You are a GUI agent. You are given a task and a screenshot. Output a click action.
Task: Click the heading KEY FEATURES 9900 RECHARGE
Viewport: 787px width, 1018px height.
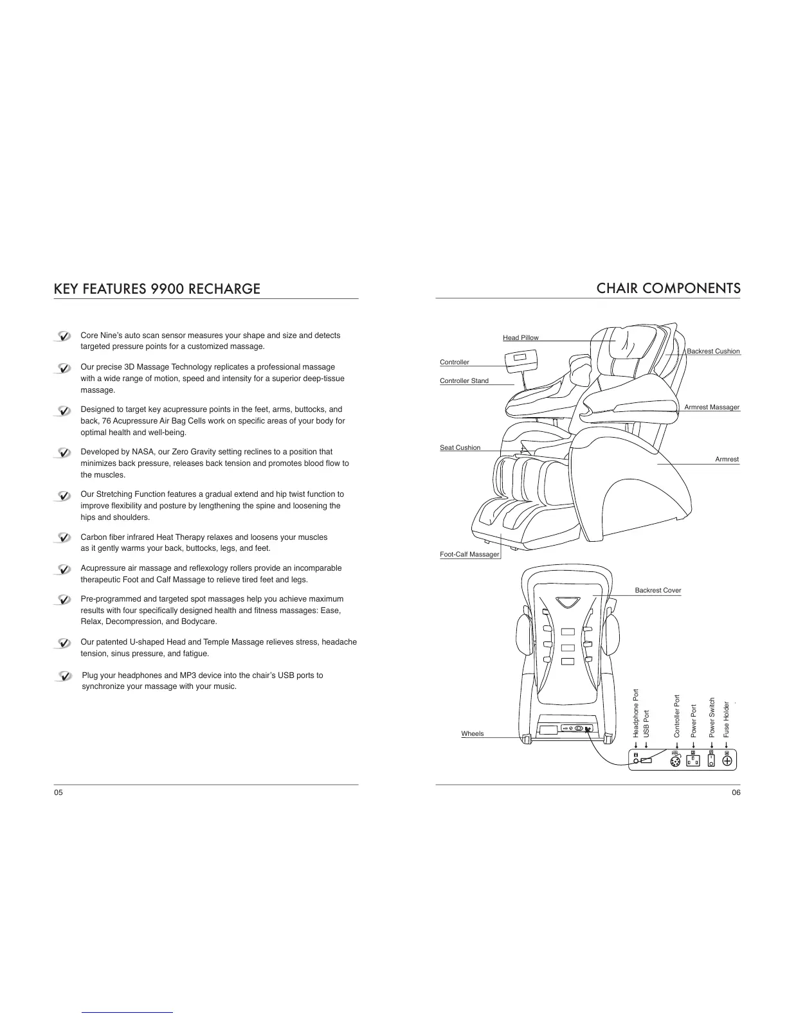(157, 289)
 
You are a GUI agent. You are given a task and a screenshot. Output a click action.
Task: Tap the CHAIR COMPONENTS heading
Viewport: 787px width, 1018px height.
(668, 289)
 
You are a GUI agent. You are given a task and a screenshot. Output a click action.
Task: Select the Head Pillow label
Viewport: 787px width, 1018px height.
(520, 337)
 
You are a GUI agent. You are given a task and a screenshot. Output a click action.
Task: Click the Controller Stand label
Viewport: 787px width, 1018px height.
(464, 380)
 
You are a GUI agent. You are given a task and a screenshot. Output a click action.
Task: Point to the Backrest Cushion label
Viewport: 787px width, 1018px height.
(713, 351)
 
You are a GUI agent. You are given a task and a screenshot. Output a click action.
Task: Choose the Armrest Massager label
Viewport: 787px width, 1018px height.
(711, 407)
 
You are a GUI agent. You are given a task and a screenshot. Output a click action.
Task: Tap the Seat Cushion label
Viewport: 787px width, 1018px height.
(460, 447)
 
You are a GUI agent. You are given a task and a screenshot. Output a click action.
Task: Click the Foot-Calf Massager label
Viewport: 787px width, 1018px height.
(469, 554)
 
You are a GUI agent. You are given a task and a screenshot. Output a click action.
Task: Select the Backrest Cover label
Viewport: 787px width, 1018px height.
(658, 590)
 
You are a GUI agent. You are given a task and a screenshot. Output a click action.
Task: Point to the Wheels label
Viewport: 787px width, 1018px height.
(472, 733)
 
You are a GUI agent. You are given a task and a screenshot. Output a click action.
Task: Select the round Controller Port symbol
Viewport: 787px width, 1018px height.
(674, 762)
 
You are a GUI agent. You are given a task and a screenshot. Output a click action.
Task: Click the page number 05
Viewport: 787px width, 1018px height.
(59, 792)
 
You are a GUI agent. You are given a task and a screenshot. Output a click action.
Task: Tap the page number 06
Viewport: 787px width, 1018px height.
(736, 792)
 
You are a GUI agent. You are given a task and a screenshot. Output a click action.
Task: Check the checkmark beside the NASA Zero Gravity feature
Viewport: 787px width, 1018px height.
(63, 452)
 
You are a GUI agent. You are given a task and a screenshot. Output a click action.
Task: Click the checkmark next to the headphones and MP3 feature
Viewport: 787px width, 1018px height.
(64, 676)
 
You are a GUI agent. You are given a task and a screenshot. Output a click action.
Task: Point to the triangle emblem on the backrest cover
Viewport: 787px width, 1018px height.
(568, 602)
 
